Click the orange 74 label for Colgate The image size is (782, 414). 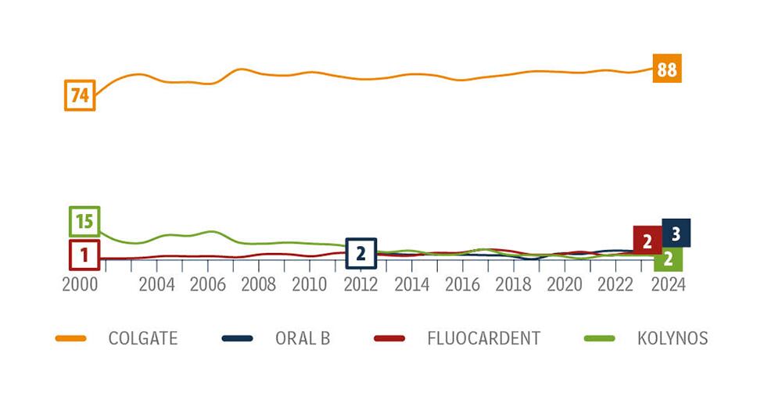pyautogui.click(x=80, y=95)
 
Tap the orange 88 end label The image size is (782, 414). pyautogui.click(x=666, y=70)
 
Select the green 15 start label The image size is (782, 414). pyautogui.click(x=84, y=222)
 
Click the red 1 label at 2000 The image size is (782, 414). pyautogui.click(x=84, y=254)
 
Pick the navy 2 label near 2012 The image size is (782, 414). pyautogui.click(x=361, y=253)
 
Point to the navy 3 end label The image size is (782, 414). pyautogui.click(x=676, y=233)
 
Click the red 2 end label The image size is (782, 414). pyautogui.click(x=647, y=241)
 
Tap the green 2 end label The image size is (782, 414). pyautogui.click(x=668, y=259)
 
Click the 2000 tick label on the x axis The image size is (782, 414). pyautogui.click(x=80, y=284)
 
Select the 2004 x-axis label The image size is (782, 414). pyautogui.click(x=156, y=284)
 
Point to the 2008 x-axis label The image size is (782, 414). pyautogui.click(x=258, y=284)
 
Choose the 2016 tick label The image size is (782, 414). pyautogui.click(x=462, y=284)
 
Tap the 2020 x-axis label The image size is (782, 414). pyautogui.click(x=564, y=284)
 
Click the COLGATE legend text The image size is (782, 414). pyautogui.click(x=143, y=338)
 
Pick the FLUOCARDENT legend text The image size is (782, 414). pyautogui.click(x=483, y=338)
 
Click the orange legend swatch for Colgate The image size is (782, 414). pyautogui.click(x=70, y=338)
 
